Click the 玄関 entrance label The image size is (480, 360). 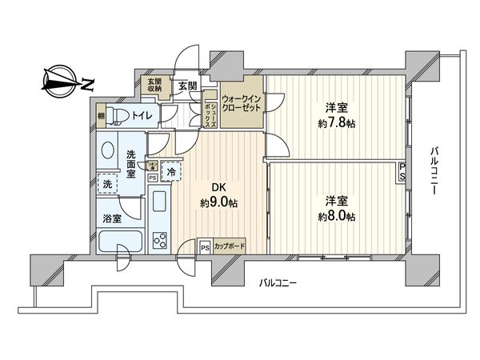(186, 86)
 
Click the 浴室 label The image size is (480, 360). (111, 218)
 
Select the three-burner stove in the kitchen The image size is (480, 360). (158, 239)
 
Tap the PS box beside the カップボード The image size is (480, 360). (205, 247)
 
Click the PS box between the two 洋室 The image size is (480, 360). (402, 170)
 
